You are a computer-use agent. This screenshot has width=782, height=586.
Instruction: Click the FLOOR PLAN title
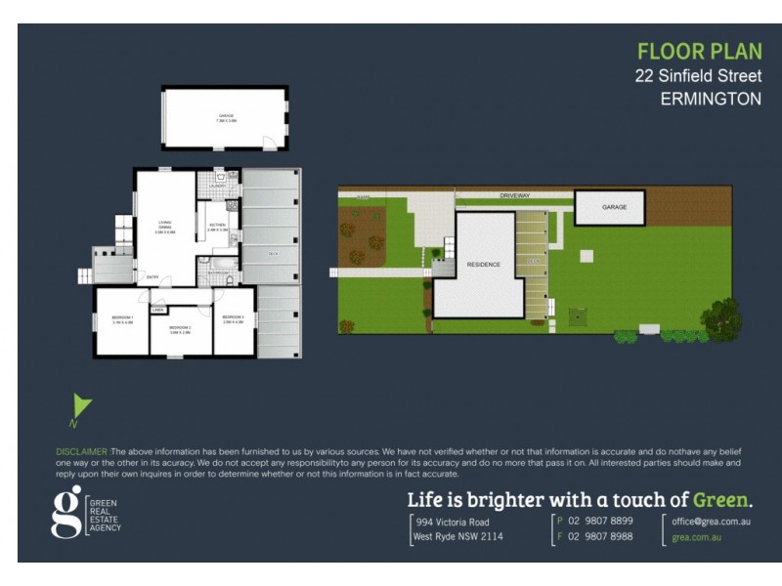698,52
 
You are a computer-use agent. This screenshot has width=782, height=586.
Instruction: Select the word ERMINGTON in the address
711,99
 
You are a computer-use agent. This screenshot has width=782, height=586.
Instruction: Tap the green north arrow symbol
82,406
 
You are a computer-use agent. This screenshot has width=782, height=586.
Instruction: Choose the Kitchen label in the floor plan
216,227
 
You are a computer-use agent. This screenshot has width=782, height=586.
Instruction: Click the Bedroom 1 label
122,318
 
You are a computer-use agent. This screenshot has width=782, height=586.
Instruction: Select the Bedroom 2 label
179,329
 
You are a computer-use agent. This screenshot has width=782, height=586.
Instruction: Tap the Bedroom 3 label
234,318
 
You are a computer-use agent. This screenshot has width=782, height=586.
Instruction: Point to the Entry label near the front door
153,277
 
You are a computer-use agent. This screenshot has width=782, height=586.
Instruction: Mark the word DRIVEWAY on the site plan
514,195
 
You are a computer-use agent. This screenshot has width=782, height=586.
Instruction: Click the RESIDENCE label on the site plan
483,265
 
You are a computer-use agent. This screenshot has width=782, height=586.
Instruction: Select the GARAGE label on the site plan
614,207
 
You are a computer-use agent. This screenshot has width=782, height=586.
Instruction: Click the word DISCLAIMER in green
82,451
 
